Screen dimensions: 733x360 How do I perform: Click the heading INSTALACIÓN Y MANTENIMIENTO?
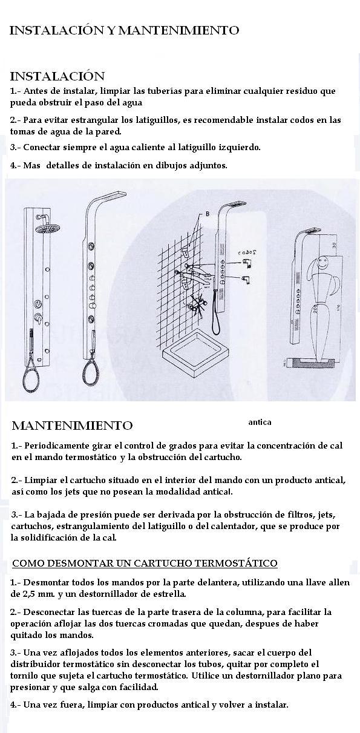[x=124, y=30]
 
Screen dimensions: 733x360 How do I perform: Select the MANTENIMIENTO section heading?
[x=72, y=426]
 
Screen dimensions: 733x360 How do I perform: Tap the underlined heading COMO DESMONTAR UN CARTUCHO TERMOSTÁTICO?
[x=145, y=564]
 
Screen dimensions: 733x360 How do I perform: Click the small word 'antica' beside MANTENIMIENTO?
[x=260, y=422]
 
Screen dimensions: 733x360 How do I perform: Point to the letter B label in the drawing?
[x=208, y=214]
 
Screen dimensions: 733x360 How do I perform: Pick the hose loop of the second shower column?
[x=93, y=372]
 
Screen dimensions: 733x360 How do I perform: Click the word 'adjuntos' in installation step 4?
[x=208, y=165]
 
